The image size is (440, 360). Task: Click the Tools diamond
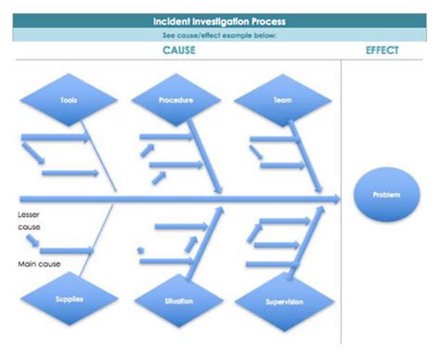[x=69, y=99]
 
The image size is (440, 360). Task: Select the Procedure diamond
[x=175, y=99]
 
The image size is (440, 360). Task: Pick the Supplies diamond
[x=69, y=301]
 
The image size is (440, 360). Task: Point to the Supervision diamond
[x=283, y=302]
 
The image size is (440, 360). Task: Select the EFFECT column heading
[x=382, y=50]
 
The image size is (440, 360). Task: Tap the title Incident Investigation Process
[x=219, y=19]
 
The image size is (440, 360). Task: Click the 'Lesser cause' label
[x=29, y=220]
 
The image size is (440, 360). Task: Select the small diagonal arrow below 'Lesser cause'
[x=32, y=241]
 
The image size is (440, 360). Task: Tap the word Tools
[x=69, y=99]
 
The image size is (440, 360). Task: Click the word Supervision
[x=283, y=302]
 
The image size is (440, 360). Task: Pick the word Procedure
[x=175, y=99]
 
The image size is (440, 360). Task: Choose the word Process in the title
[x=268, y=19]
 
